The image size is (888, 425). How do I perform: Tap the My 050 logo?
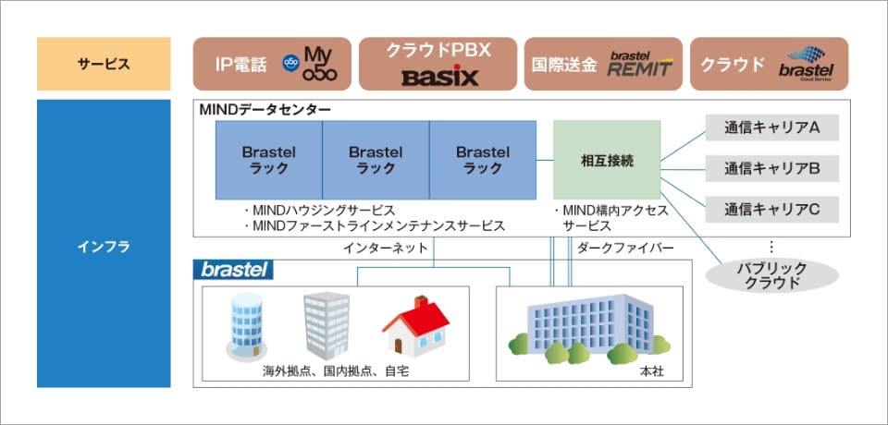304,64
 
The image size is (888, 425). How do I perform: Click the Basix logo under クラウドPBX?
439,75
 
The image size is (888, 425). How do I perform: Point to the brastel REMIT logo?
640,64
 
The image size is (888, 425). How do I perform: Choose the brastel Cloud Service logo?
806,64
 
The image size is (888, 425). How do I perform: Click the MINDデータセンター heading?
265,110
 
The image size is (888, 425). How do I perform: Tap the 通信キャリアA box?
772,127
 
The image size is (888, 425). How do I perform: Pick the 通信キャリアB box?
772,168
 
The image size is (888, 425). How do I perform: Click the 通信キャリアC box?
772,209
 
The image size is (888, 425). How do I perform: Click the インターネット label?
386,248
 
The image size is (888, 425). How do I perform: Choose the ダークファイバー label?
626,248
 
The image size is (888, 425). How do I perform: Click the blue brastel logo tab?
233,270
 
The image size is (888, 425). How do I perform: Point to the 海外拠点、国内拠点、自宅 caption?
336,370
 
